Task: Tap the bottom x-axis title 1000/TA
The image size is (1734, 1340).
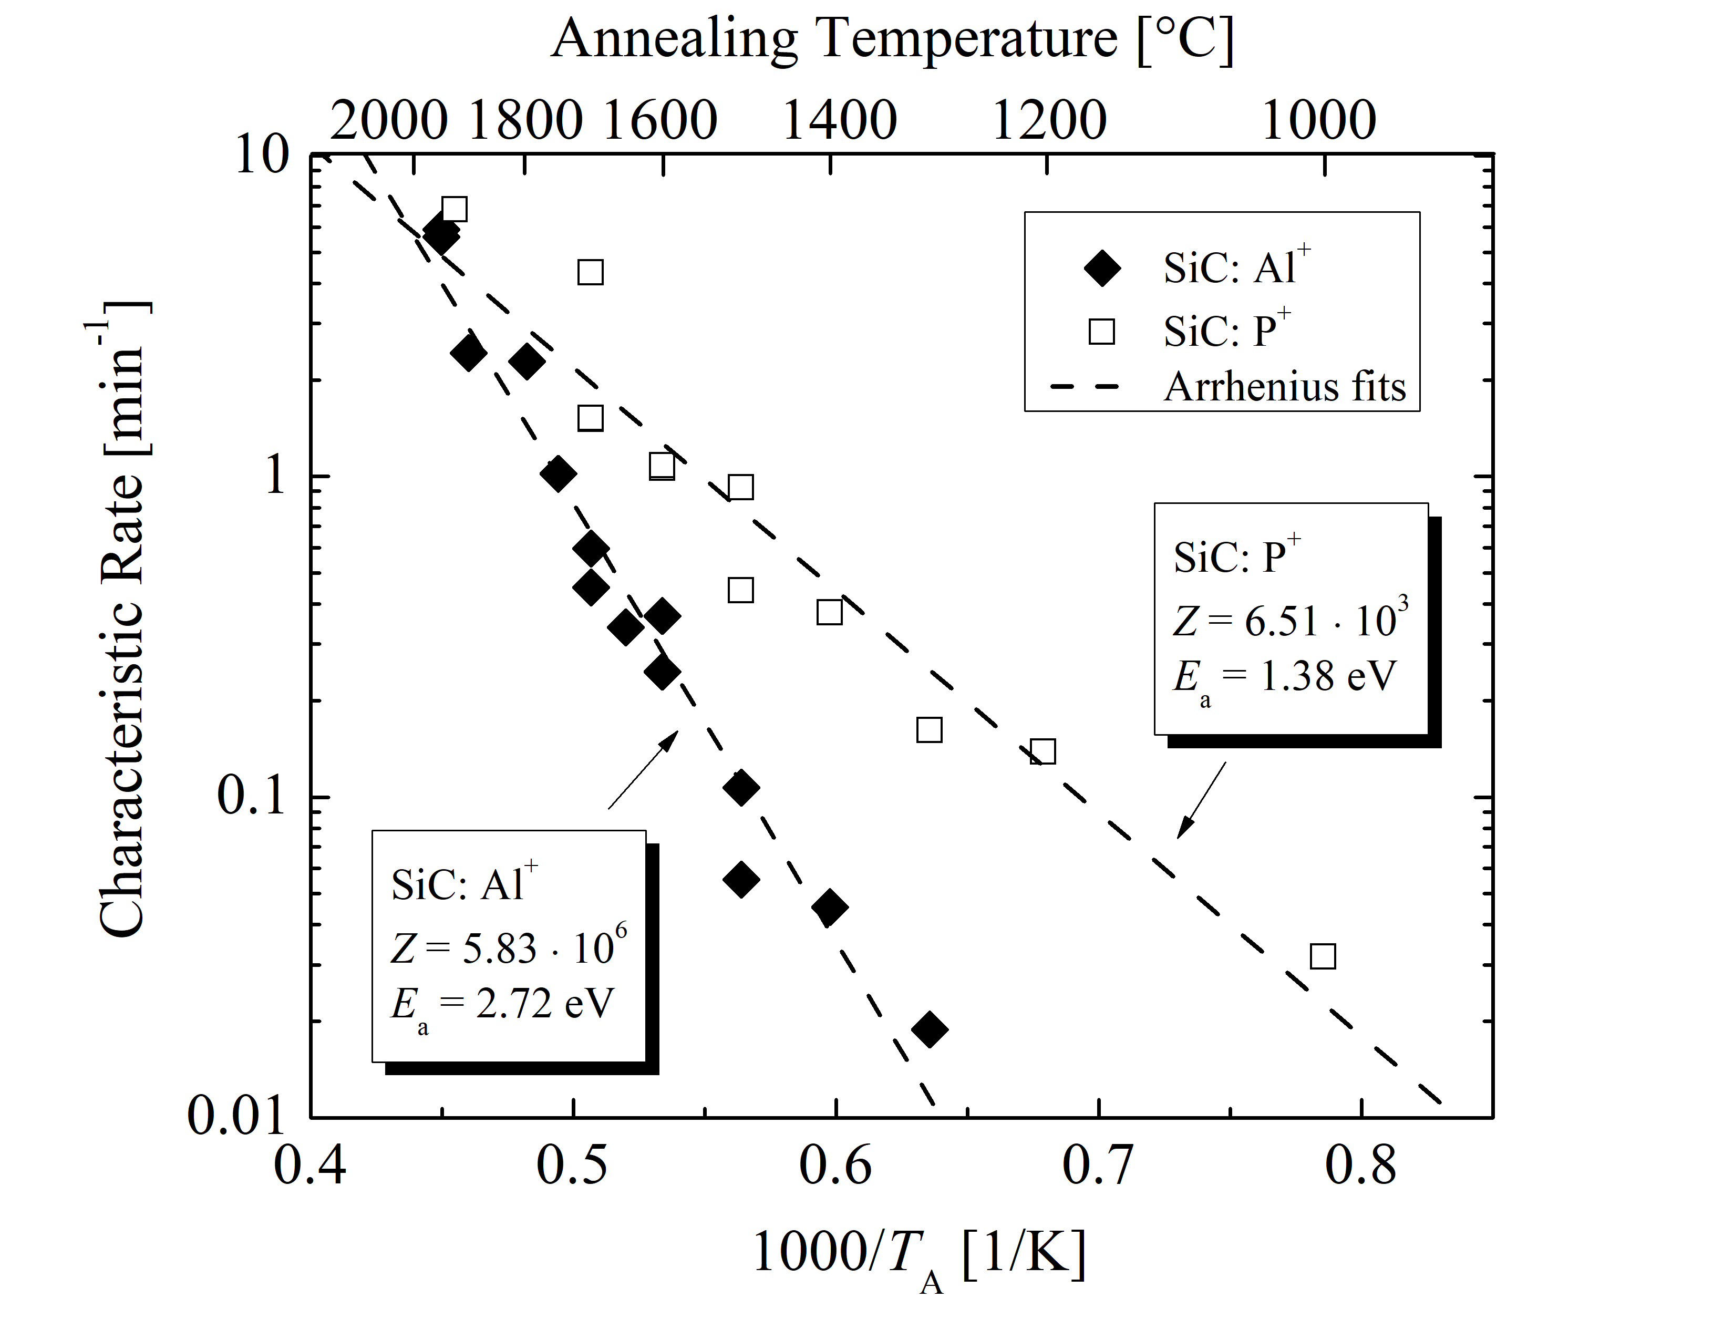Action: coord(917,1256)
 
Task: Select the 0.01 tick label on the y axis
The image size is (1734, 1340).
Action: coord(236,1115)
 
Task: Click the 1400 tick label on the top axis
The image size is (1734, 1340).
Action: coord(839,121)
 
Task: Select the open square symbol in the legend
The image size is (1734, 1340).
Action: coord(1102,330)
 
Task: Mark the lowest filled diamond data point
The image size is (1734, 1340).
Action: coord(930,1029)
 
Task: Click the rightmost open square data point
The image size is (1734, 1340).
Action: coord(1323,956)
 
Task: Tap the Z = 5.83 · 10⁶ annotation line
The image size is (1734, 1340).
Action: coord(508,947)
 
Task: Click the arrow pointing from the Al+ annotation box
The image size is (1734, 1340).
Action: coord(643,769)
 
